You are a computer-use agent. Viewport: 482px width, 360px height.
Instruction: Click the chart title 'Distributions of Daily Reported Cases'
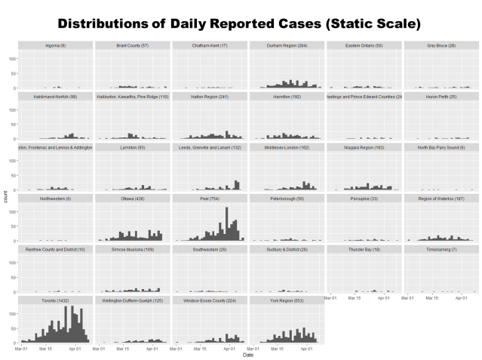click(239, 23)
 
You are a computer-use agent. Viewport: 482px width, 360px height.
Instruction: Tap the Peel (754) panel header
click(209, 198)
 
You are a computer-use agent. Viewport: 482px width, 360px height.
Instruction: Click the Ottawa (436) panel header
click(132, 198)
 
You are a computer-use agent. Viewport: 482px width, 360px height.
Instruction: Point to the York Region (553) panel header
click(286, 300)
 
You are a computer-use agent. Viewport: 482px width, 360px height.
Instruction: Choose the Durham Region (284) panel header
click(286, 46)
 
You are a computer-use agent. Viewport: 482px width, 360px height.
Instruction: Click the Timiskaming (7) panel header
click(440, 249)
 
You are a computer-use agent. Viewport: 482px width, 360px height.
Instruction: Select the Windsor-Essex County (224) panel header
click(209, 300)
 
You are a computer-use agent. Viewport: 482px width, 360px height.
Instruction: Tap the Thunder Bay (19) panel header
click(363, 249)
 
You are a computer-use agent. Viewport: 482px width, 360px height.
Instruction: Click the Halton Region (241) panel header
click(209, 97)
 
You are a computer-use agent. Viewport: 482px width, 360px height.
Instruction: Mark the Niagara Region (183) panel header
click(363, 148)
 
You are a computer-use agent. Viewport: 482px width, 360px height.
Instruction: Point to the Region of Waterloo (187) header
click(440, 198)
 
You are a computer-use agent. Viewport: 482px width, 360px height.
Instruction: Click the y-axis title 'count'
click(6, 198)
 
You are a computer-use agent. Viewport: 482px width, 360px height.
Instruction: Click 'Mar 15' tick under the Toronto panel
click(48, 348)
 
